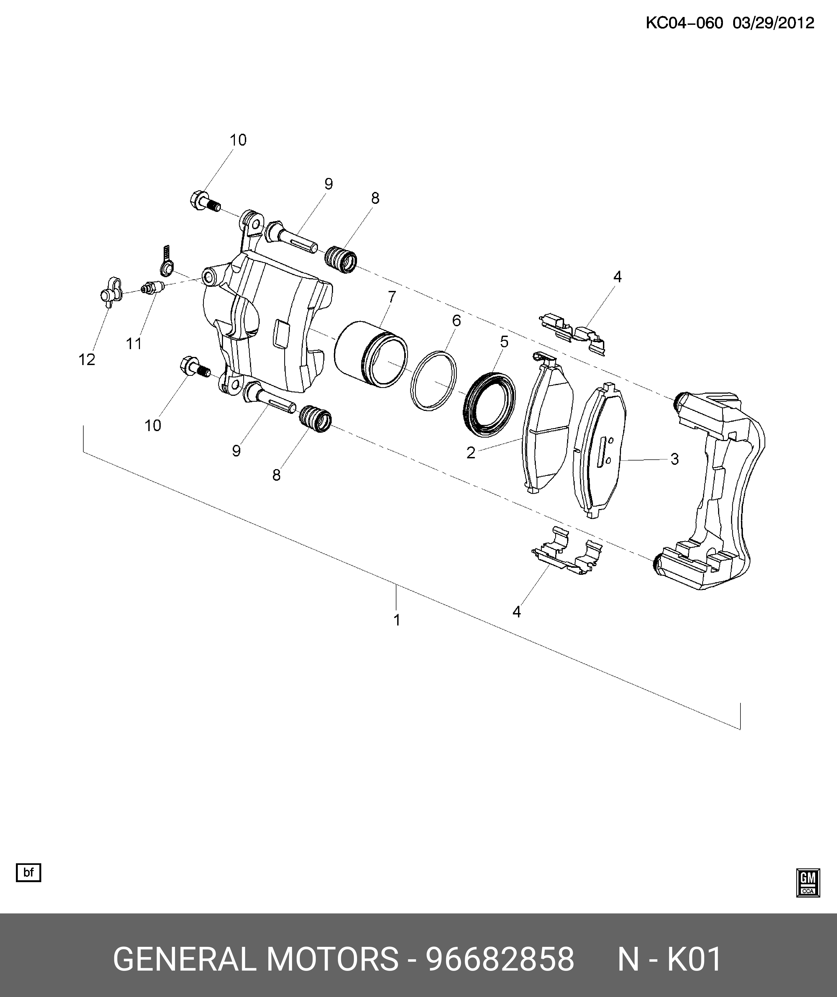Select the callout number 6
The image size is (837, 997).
(x=456, y=321)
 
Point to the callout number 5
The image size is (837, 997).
(x=504, y=342)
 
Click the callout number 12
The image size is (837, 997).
(x=87, y=360)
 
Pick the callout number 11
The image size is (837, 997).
(x=134, y=344)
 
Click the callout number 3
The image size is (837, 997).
(x=675, y=459)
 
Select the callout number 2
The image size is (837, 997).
(x=471, y=453)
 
